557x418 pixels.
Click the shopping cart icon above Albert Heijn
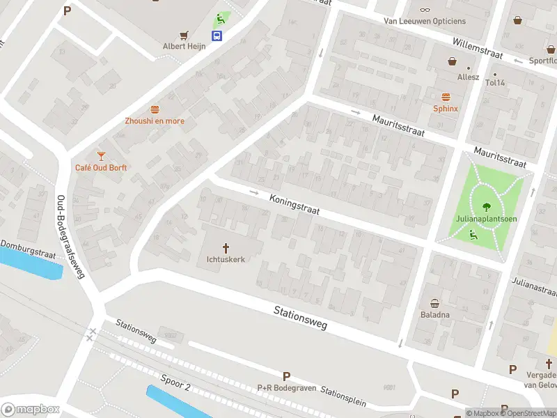pos(185,35)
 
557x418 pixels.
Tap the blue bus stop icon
pos(218,36)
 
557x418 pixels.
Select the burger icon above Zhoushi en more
pos(155,109)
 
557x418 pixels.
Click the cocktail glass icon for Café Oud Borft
pos(101,155)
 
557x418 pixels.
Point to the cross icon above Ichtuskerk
pos(226,247)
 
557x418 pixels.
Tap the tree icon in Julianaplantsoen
pos(485,206)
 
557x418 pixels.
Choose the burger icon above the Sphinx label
pos(446,97)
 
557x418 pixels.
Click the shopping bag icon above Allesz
pos(453,61)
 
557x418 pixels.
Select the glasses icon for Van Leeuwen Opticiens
pos(425,10)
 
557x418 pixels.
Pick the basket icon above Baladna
pos(435,303)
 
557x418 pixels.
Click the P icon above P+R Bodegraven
pos(286,376)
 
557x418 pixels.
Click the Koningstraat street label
pos(294,204)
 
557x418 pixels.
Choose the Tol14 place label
pos(494,82)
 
